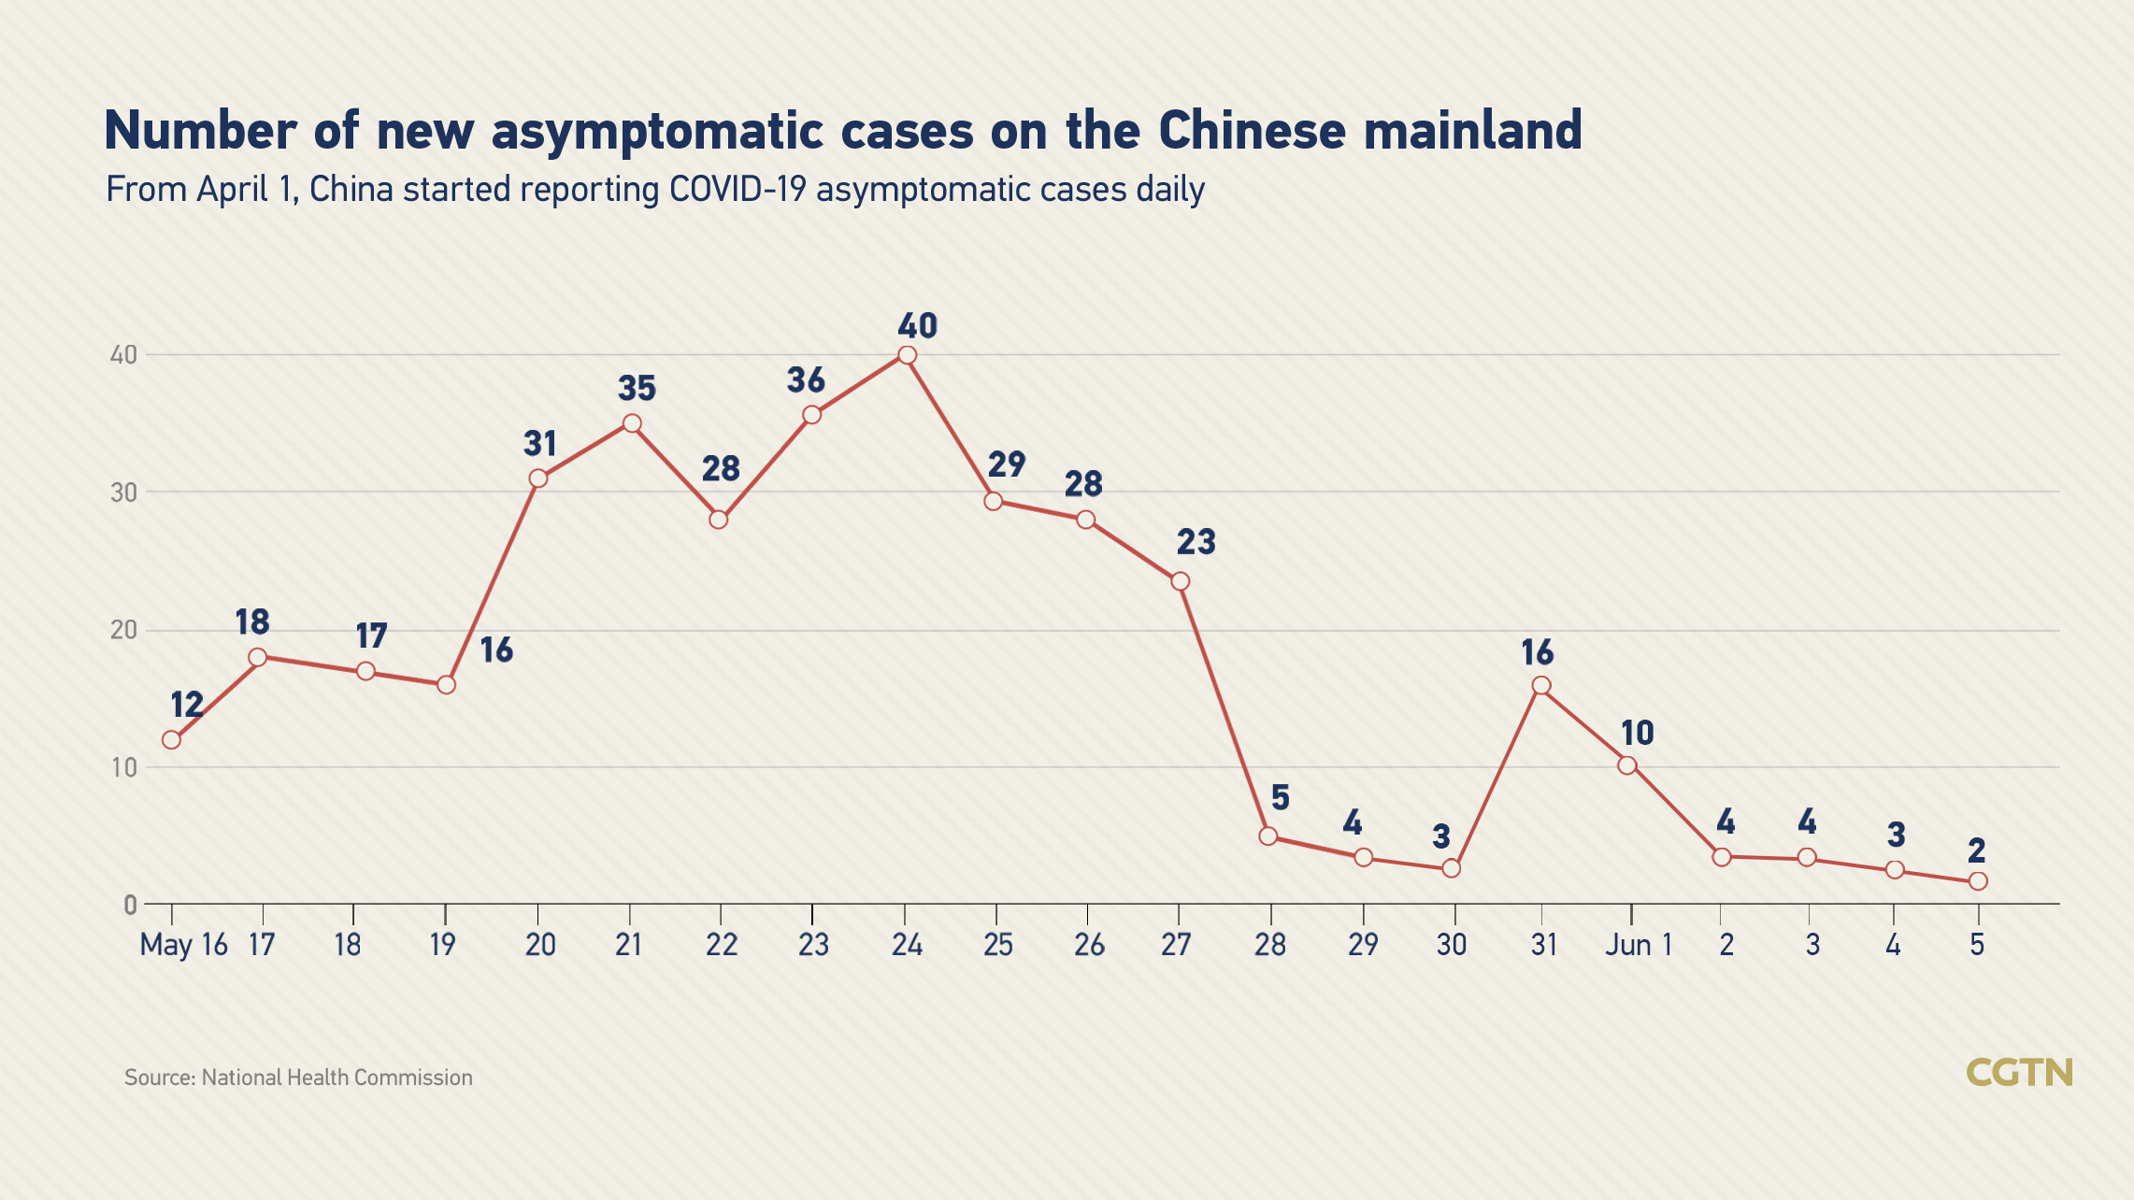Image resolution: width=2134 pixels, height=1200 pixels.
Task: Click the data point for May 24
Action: (907, 355)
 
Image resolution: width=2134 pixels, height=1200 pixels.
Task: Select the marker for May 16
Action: (172, 740)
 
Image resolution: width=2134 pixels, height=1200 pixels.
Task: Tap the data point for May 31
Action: (1541, 686)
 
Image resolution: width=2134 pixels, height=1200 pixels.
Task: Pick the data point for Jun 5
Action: (1978, 881)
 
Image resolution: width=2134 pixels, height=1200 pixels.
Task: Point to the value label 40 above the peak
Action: (917, 326)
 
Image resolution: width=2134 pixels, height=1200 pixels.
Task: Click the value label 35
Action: (637, 388)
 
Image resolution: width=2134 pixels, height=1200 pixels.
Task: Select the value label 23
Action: (1196, 542)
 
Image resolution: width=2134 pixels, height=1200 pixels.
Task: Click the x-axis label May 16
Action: (183, 945)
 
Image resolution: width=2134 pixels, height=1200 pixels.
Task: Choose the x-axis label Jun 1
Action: (1639, 945)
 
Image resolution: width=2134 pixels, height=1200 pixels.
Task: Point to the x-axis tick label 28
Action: (1269, 945)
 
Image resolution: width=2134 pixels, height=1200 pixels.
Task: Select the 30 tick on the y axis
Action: (123, 493)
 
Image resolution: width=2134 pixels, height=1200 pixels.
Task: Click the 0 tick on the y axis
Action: (130, 905)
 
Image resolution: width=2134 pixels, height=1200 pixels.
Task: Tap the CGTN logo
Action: (2019, 1072)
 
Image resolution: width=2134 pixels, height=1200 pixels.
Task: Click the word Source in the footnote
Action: (159, 1078)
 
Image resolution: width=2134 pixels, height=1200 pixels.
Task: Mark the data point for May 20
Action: (538, 479)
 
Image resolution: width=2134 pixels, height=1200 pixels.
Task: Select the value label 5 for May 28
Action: (1280, 798)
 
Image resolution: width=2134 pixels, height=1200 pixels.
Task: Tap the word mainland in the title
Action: (1472, 131)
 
